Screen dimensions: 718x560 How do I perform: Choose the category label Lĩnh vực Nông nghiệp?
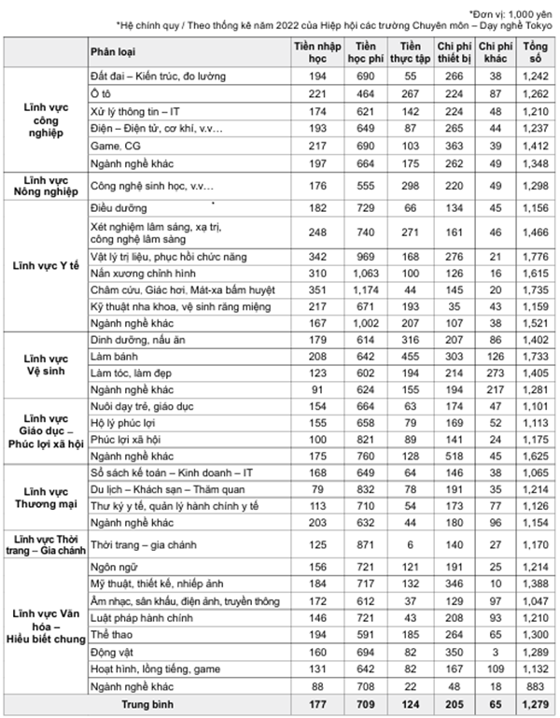pyautogui.click(x=45, y=185)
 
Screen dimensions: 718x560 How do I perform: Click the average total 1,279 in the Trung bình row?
pyautogui.click(x=536, y=702)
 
